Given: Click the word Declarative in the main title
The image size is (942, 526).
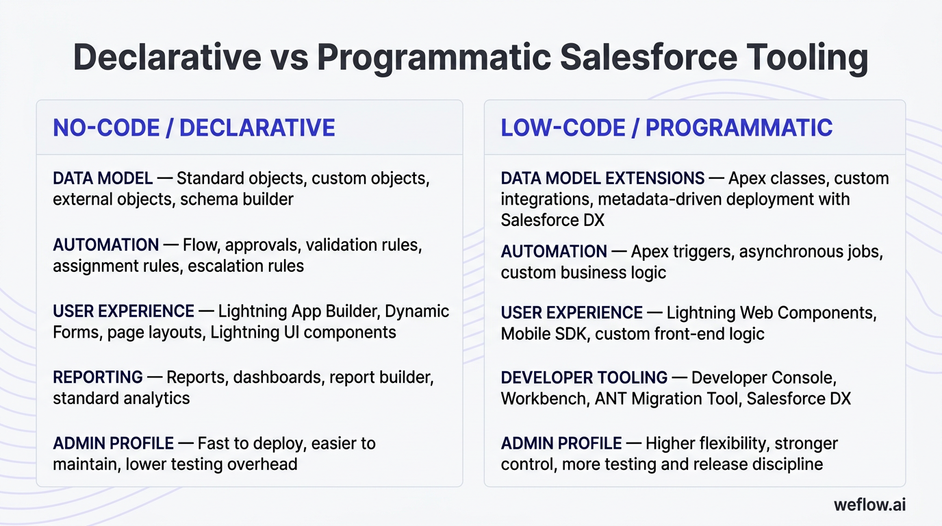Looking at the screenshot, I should [167, 57].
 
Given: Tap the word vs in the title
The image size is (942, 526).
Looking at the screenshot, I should [288, 57].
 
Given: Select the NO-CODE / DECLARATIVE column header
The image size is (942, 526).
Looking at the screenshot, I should [194, 128].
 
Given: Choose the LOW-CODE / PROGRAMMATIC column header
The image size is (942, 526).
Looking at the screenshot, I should [666, 128].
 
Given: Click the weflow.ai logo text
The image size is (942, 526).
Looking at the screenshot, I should [869, 505].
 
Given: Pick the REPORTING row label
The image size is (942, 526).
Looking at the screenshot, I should [98, 377].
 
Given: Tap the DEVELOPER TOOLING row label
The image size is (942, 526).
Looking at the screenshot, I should [584, 377].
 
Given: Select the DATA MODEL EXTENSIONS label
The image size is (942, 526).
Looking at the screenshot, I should [602, 179].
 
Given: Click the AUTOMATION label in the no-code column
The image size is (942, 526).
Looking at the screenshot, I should [105, 245].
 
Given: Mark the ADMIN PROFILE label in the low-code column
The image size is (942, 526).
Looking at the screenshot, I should [561, 444].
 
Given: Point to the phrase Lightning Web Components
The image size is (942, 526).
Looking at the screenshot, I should [772, 313].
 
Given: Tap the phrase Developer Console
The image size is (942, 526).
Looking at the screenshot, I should [763, 377].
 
